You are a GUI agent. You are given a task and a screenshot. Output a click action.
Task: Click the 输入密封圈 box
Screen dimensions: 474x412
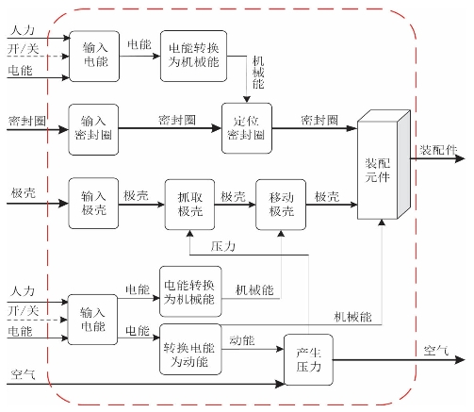coord(93,129)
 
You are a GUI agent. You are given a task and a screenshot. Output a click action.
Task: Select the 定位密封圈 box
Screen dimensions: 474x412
coord(247,128)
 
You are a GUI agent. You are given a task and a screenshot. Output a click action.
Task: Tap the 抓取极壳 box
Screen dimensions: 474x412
coord(189,205)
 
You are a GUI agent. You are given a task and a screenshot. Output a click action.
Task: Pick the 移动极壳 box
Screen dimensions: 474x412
coord(281,205)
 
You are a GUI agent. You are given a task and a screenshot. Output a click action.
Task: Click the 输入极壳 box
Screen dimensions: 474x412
coord(93,204)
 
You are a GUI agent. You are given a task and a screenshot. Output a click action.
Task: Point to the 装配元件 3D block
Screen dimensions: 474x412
coord(384,164)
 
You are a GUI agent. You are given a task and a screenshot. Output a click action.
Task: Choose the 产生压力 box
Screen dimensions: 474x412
coord(308,360)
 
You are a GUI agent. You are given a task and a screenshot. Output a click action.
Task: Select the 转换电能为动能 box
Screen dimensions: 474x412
coord(190,350)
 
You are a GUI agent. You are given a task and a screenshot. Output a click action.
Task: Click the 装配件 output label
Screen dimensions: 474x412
coord(438,150)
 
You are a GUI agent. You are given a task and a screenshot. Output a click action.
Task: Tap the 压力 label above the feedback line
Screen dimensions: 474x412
coord(223,246)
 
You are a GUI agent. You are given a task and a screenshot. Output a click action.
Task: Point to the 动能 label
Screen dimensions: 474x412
coord(242,340)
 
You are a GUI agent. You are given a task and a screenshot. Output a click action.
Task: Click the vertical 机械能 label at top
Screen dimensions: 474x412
coord(258,73)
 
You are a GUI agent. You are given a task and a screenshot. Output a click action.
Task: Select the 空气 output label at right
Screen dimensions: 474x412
coord(436,350)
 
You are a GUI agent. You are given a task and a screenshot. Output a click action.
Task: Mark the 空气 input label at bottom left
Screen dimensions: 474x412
coord(23,374)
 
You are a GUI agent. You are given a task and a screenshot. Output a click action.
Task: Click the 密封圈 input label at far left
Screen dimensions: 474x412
coord(27,121)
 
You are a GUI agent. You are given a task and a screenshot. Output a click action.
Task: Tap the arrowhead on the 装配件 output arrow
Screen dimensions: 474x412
coord(460,158)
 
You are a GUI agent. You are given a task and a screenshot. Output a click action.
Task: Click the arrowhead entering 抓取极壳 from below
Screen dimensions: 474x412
coord(189,234)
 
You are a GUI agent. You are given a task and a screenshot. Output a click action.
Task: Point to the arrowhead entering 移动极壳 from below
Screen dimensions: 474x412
coord(281,234)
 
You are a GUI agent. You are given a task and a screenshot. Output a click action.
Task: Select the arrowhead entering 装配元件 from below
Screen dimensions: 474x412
coord(382,222)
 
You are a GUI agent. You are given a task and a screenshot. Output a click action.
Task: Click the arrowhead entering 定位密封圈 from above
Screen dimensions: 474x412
coord(247,100)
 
